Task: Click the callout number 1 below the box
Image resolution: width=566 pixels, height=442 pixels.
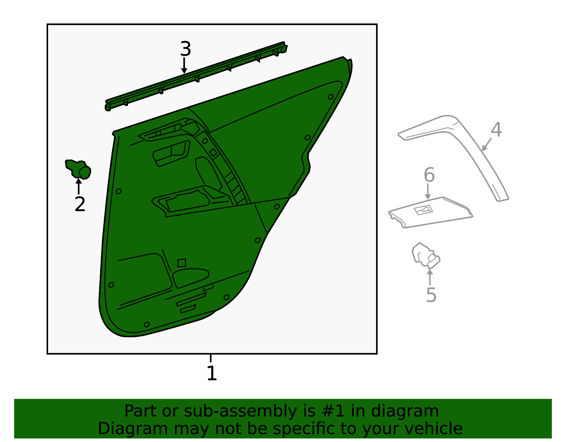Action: pos(212,373)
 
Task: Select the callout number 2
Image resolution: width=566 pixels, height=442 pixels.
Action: pos(80,204)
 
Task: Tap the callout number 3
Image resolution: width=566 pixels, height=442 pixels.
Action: pos(185,48)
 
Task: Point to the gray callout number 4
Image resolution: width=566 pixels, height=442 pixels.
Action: pos(496,130)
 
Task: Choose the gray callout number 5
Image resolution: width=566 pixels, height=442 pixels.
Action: pos(431,295)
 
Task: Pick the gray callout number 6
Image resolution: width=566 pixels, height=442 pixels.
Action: pos(429,174)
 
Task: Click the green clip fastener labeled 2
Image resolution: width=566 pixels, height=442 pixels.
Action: pos(78,169)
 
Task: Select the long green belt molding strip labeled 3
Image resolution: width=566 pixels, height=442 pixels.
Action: pos(196,76)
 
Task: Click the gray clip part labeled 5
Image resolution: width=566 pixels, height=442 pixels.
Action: pos(426,256)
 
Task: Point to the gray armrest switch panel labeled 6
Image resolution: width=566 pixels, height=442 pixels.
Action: pos(431,213)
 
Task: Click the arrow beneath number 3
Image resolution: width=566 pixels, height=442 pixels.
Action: pos(184,65)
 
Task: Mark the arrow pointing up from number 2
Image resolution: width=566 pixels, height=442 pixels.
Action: pos(79,186)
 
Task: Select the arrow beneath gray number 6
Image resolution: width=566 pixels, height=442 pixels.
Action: pos(428,192)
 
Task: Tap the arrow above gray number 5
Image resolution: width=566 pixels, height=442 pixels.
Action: pos(430,277)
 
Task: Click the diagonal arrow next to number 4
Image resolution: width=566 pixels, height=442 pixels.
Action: pos(486,144)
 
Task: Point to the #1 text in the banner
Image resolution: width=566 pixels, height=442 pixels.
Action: pos(333,411)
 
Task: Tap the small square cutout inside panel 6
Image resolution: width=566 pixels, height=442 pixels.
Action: pos(423,210)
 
